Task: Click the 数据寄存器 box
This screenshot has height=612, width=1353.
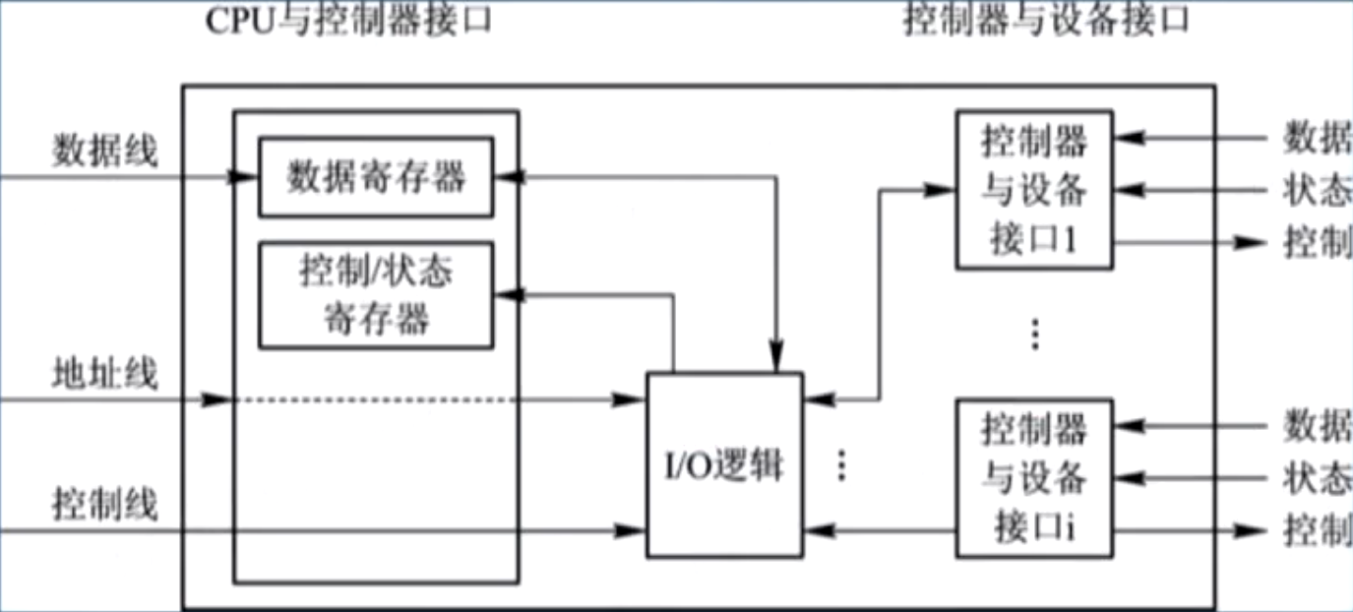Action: tap(375, 177)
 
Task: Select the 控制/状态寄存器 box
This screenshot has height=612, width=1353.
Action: tap(375, 294)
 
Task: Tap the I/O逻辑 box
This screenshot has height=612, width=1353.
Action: tap(723, 463)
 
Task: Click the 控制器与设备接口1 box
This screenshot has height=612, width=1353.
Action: tap(1034, 190)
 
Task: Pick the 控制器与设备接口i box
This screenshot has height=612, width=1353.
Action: tap(1034, 478)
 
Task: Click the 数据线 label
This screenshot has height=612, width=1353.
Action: tap(104, 153)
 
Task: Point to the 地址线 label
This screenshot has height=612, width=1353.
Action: tap(104, 375)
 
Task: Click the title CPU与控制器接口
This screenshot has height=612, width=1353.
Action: tap(348, 22)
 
